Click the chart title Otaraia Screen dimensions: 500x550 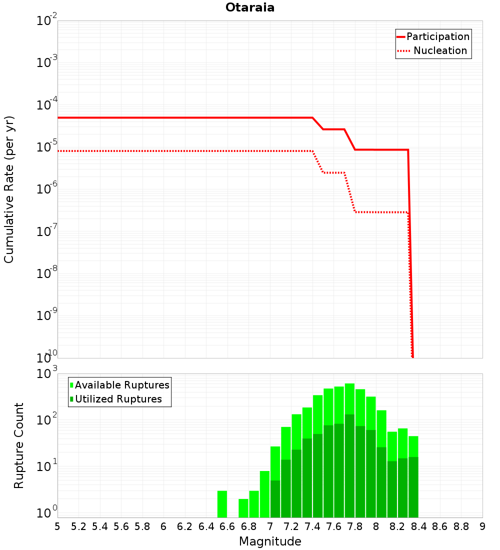[250, 7]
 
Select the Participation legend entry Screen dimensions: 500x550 [433, 36]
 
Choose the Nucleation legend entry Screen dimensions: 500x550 [433, 50]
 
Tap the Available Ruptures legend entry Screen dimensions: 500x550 [119, 385]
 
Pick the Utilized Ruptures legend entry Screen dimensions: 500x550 [116, 399]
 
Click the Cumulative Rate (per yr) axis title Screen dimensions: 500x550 [9, 189]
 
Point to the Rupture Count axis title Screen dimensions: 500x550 [18, 445]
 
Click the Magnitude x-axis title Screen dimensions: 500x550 [270, 541]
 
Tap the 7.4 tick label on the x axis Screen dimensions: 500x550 [312, 527]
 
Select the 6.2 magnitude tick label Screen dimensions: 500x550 [184, 527]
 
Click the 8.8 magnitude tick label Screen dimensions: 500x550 [461, 527]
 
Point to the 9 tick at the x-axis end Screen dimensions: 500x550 [482, 527]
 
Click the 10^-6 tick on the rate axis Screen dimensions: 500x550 [46, 188]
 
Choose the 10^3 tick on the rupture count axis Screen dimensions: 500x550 [46, 373]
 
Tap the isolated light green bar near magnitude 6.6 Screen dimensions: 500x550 [222, 504]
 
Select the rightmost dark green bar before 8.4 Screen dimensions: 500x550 [413, 487]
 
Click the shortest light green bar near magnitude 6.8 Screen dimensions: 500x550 [243, 508]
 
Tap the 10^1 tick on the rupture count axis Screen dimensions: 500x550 [46, 466]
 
